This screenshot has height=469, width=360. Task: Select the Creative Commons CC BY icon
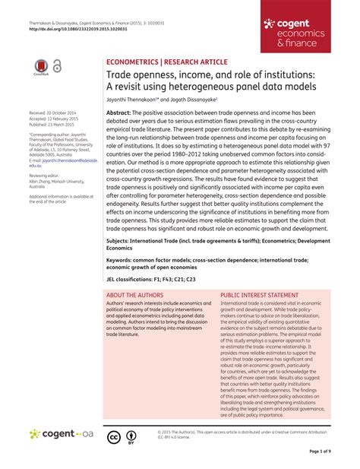pyautogui.click(x=125, y=437)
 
